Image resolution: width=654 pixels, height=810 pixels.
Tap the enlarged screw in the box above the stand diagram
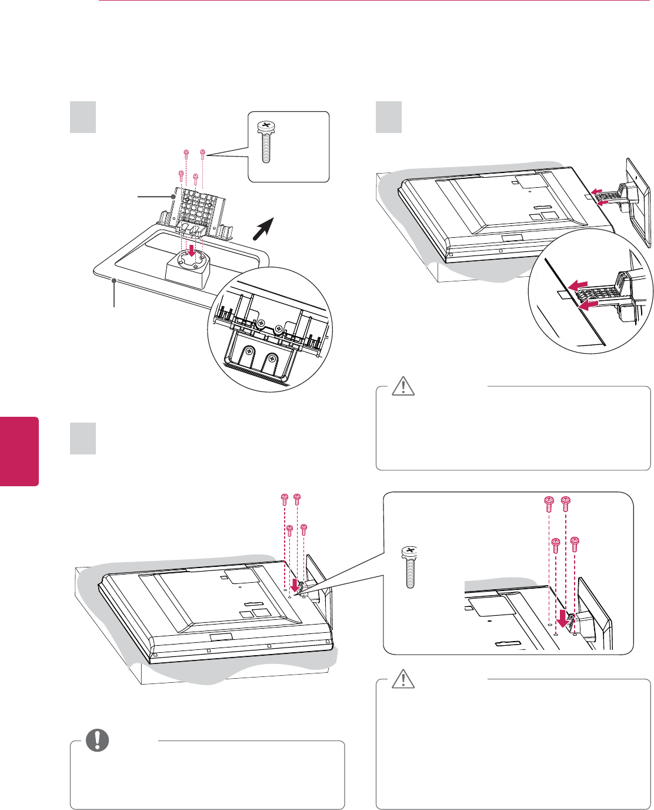point(265,142)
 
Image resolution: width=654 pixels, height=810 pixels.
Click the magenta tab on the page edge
point(19,452)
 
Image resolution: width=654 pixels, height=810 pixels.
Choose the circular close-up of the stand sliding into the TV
point(589,292)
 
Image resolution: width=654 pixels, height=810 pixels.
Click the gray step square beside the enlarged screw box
point(83,117)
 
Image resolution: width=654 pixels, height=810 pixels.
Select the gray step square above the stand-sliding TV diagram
point(389,117)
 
